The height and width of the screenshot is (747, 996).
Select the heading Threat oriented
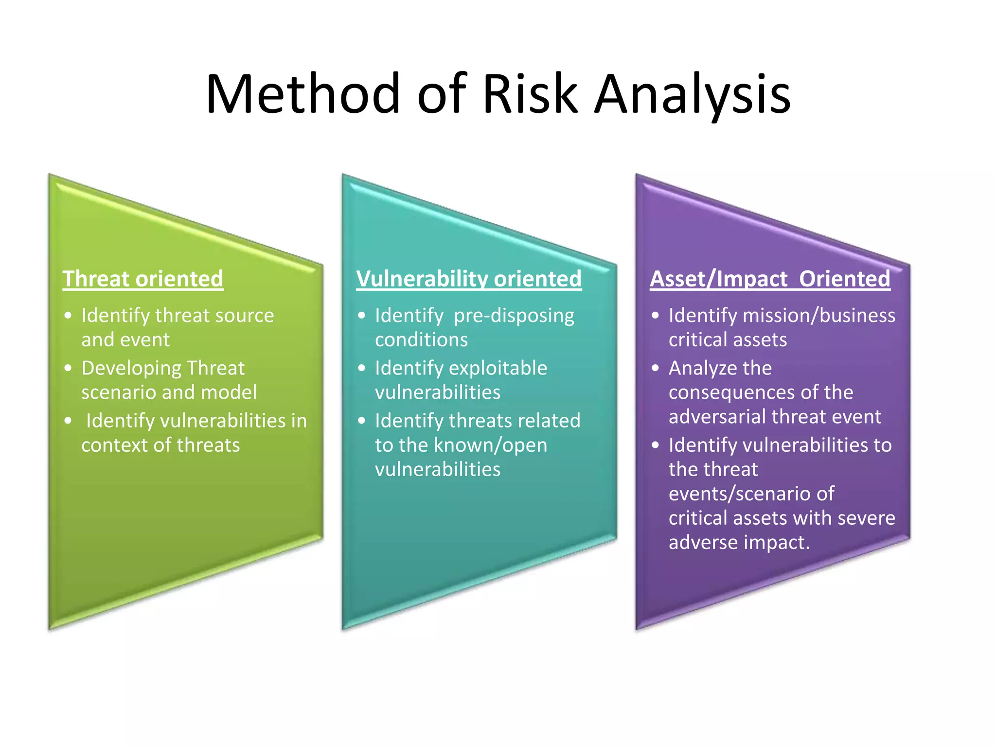[143, 279]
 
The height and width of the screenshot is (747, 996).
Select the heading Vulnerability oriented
[469, 279]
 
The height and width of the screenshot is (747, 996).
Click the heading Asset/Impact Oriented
[770, 279]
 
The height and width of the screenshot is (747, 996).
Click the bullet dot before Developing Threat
[68, 368]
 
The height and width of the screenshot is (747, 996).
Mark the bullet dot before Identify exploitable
[361, 368]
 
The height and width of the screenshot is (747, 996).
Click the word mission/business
[819, 316]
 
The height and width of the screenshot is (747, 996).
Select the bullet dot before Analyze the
[656, 368]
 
